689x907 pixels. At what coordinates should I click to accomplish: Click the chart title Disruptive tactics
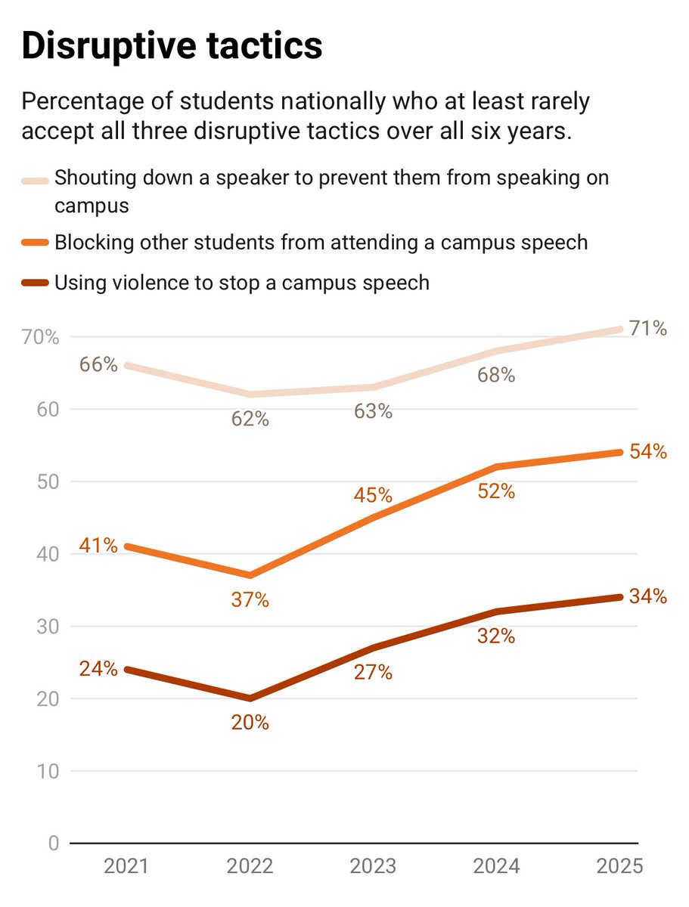(x=172, y=47)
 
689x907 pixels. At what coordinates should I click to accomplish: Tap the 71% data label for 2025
(x=650, y=329)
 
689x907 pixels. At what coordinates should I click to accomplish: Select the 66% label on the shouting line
(x=98, y=365)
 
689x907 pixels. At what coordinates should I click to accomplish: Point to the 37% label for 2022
(x=250, y=600)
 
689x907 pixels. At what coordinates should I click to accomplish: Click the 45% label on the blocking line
(x=374, y=496)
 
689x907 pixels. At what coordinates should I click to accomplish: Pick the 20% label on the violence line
(x=250, y=723)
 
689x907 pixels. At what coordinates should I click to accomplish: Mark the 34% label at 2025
(x=650, y=597)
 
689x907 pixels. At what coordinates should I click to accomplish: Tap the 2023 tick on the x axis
(x=374, y=866)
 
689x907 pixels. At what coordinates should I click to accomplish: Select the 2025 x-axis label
(x=621, y=866)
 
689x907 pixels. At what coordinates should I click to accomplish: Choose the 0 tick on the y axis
(x=53, y=844)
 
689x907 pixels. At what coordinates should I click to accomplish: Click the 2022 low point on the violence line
(x=250, y=698)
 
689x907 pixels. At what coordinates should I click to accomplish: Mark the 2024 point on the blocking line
(x=497, y=467)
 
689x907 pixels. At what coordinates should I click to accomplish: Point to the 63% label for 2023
(x=374, y=412)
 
